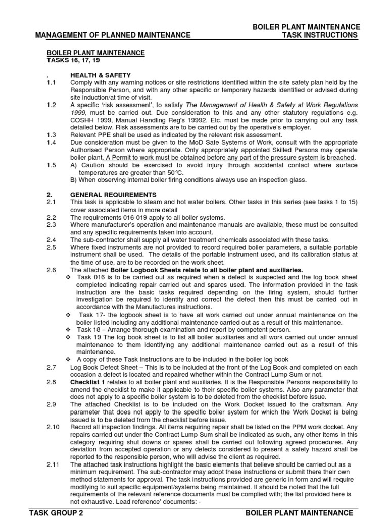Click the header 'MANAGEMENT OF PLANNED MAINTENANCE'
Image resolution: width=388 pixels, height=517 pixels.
pos(113,35)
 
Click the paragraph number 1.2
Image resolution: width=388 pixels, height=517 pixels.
pos(51,105)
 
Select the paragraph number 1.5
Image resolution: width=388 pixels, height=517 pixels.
pos(51,165)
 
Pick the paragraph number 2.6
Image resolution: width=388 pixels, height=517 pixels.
pos(51,270)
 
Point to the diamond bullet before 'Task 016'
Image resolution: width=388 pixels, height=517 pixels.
pos(68,278)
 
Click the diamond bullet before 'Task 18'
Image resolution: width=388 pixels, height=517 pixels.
pos(68,329)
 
